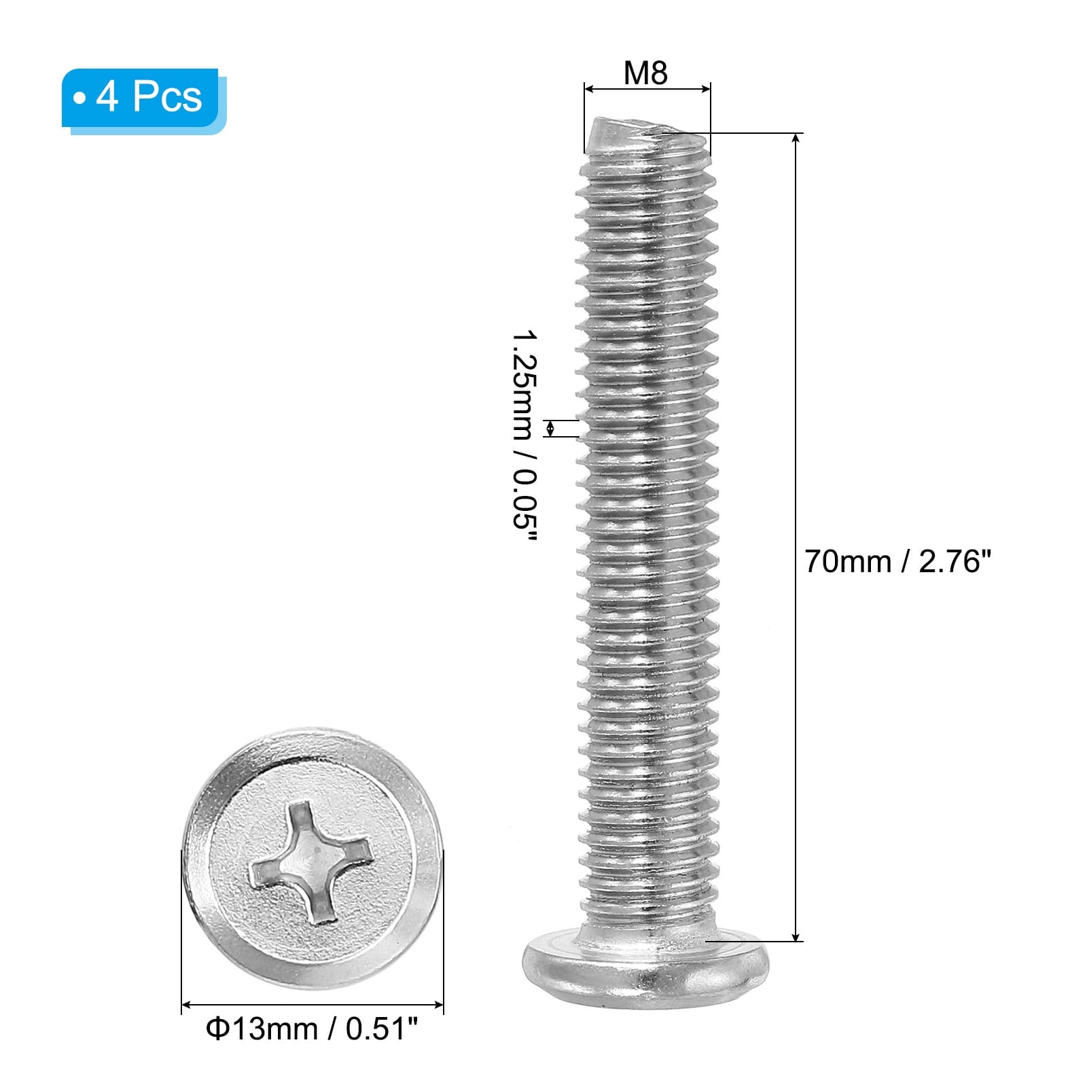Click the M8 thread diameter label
[645, 73]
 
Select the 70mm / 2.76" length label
[898, 562]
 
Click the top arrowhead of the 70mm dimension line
[796, 139]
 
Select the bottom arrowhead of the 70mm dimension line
[796, 935]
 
